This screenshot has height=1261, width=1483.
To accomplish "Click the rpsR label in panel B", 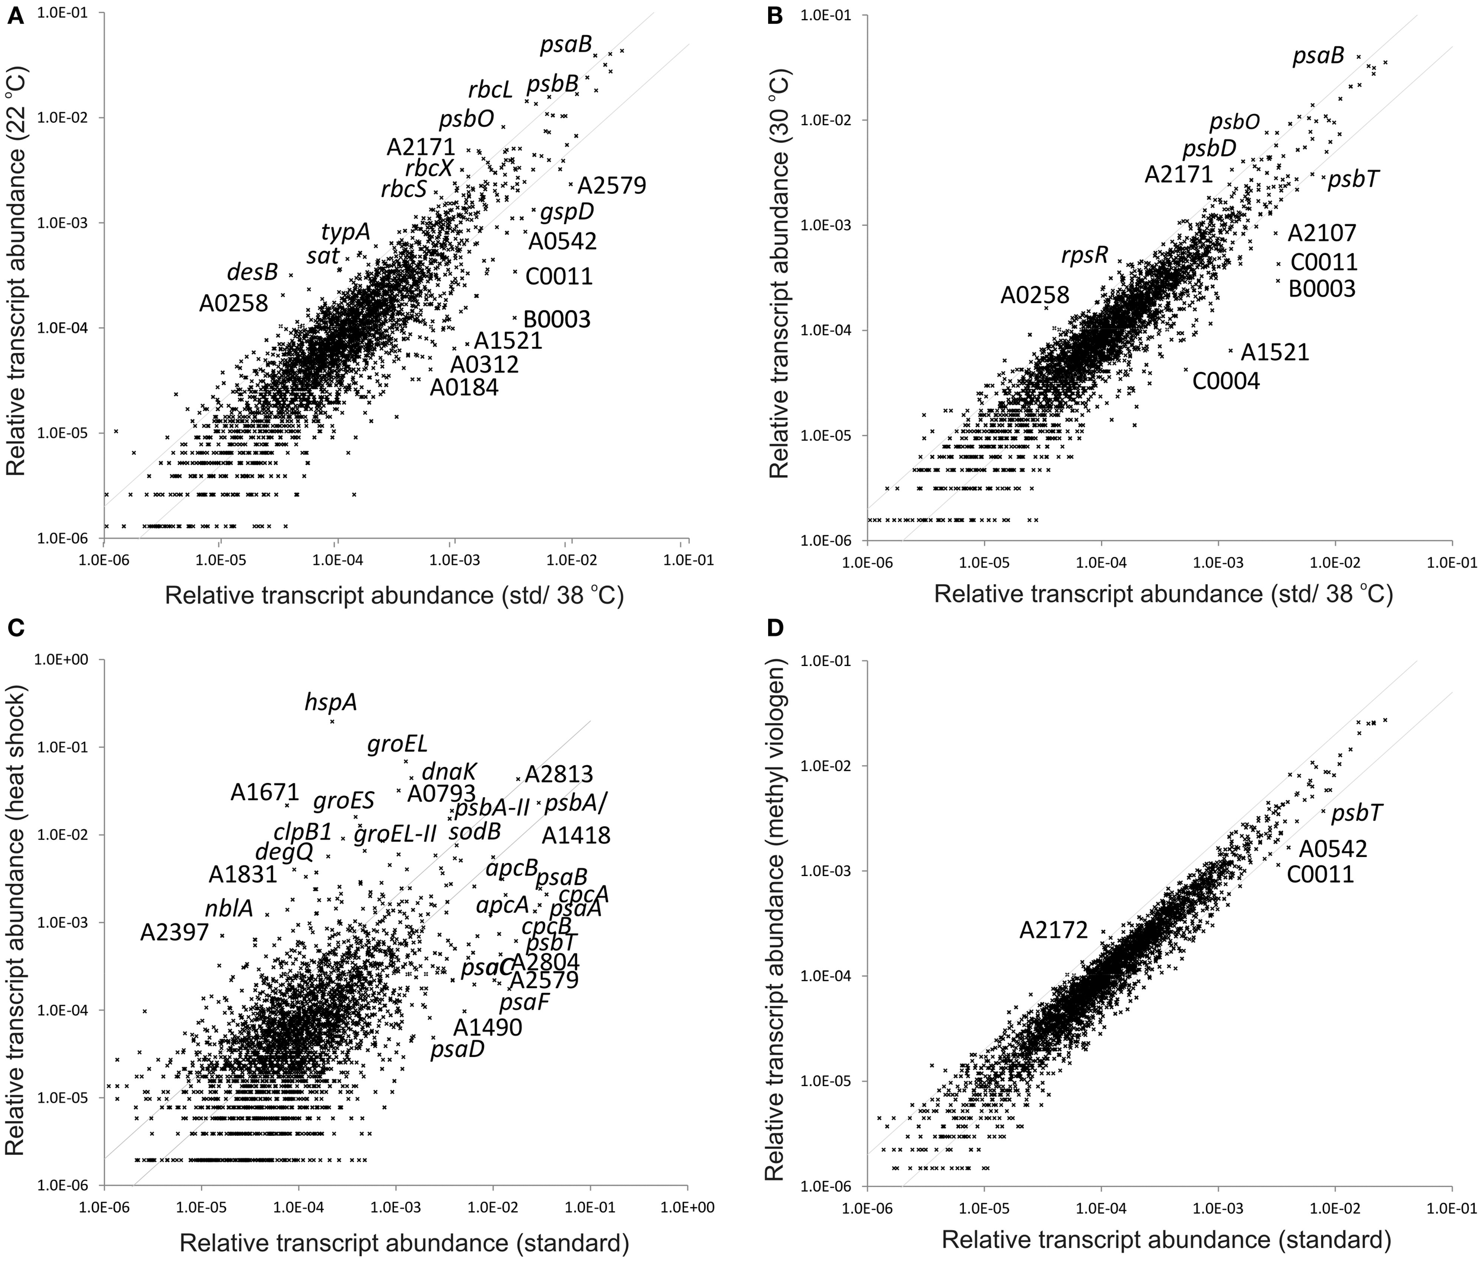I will coord(1085,254).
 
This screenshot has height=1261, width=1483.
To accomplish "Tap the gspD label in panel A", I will coord(567,212).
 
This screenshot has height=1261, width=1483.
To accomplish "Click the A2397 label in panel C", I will coord(174,932).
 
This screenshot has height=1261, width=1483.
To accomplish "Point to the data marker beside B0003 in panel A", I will coord(514,318).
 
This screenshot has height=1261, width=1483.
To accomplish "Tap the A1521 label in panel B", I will coord(1274,352).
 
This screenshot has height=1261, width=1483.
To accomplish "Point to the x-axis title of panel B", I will coord(1163,594).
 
